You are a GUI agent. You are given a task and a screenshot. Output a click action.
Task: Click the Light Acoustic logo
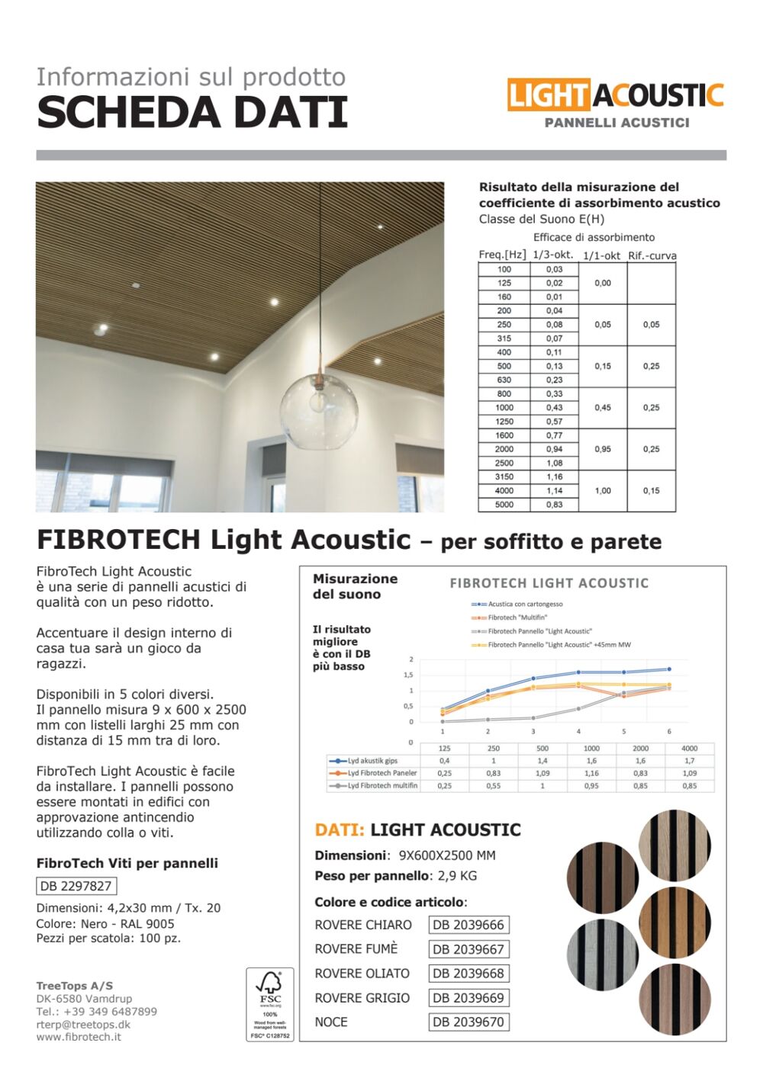point(615,97)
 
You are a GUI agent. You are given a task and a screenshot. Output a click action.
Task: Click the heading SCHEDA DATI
point(192,112)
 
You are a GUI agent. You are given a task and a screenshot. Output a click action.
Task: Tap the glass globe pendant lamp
point(319,412)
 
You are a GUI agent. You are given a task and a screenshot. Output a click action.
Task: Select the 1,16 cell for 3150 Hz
point(554,476)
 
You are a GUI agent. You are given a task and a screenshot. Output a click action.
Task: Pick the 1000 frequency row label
point(504,408)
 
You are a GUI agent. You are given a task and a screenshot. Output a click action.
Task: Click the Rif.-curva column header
point(652,256)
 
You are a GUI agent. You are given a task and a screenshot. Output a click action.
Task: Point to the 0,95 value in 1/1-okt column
point(603,449)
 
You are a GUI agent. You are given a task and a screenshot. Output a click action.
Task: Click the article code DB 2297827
point(76,886)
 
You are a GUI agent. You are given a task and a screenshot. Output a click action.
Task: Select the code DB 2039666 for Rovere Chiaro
point(468,925)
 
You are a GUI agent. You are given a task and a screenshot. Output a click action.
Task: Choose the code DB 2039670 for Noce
point(468,1022)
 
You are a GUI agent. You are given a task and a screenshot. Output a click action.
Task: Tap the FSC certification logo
point(269,1004)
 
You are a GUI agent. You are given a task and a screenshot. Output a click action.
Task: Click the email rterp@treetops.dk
point(83,1025)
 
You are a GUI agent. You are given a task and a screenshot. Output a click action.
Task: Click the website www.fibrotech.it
point(79,1037)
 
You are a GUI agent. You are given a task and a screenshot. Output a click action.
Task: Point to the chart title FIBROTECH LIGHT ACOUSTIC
point(549,583)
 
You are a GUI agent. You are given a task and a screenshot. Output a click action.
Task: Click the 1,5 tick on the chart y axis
point(408,675)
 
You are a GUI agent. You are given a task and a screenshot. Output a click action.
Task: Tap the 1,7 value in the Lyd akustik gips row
point(689,761)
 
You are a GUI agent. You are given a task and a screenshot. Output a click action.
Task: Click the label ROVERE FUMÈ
point(356,949)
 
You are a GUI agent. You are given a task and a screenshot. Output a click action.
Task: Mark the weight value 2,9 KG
point(458,876)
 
